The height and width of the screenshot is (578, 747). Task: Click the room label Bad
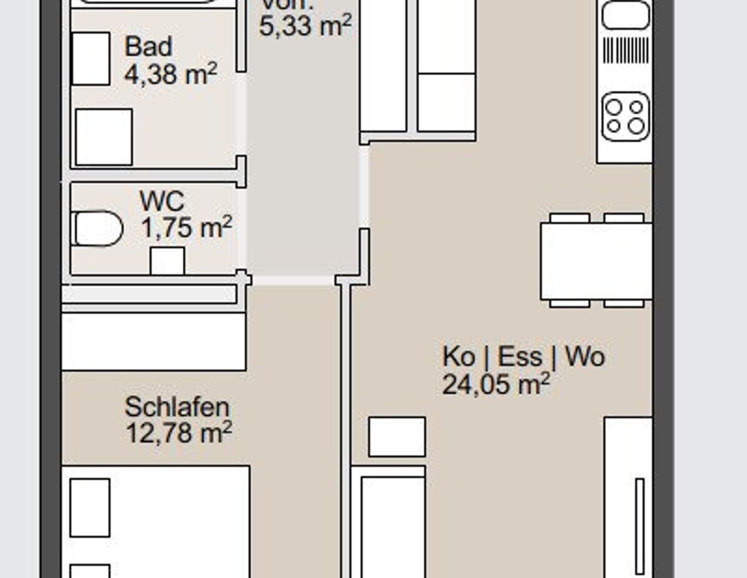(x=148, y=46)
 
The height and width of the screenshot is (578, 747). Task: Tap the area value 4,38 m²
(x=171, y=74)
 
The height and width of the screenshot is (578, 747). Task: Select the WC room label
(x=162, y=201)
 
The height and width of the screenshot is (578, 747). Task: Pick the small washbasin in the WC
(x=167, y=261)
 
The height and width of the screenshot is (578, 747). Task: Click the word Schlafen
(x=177, y=407)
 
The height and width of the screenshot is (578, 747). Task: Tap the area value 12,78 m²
(x=178, y=433)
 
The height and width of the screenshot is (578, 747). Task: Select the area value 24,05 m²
(x=496, y=384)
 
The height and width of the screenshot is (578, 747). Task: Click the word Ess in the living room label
(x=520, y=357)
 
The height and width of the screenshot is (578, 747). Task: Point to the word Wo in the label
(x=585, y=357)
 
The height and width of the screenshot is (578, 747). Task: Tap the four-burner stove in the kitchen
(x=625, y=116)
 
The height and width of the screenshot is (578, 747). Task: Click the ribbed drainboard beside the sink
(x=625, y=50)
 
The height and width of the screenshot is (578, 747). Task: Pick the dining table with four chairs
(x=596, y=261)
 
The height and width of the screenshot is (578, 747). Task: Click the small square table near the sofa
(x=397, y=437)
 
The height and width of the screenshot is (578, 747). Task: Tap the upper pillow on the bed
(x=90, y=508)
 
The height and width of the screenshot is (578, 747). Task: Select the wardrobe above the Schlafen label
(x=154, y=341)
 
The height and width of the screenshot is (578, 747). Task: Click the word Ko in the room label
(x=458, y=357)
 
